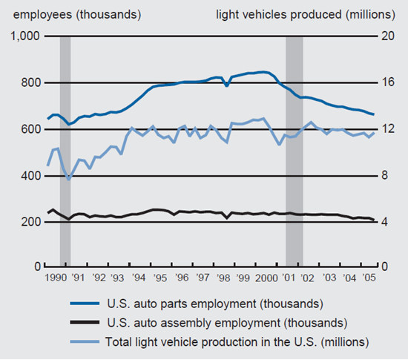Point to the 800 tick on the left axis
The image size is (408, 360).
click(30, 83)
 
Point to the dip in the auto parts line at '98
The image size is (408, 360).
click(226, 86)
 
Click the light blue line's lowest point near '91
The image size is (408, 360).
click(69, 179)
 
